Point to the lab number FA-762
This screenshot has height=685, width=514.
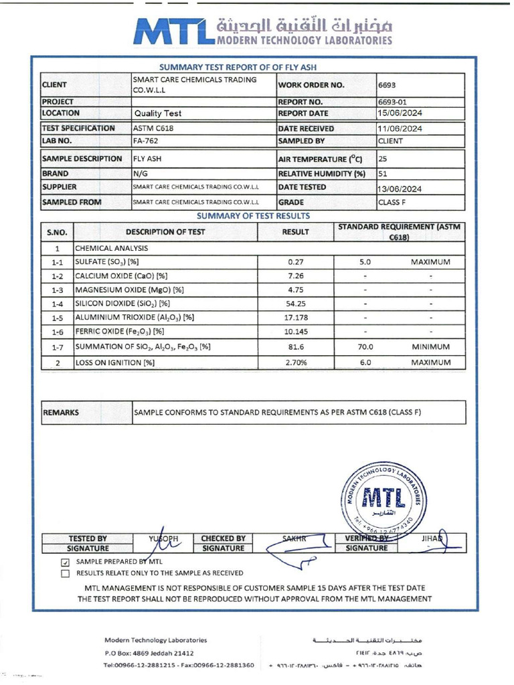click(x=147, y=141)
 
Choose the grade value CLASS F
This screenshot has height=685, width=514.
click(x=393, y=202)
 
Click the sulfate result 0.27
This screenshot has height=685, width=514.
click(x=296, y=262)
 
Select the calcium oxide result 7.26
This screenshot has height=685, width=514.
click(x=296, y=276)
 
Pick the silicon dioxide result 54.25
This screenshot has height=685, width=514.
click(x=296, y=303)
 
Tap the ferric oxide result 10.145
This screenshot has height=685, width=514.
click(x=296, y=331)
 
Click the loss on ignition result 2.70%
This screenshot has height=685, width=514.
click(x=296, y=362)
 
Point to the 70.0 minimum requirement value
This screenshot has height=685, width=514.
click(x=365, y=347)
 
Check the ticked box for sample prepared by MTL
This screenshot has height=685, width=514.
click(x=65, y=563)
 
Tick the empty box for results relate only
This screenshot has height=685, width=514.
click(x=65, y=573)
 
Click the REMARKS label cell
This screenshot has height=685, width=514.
click(x=62, y=413)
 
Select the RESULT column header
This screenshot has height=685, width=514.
click(x=296, y=232)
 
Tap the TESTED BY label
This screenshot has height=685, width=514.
click(x=88, y=538)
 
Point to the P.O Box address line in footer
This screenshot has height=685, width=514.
click(x=149, y=652)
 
